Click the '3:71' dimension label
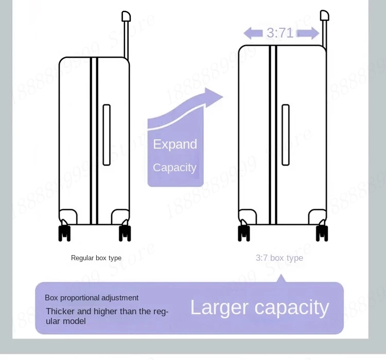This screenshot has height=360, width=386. coord(280,33)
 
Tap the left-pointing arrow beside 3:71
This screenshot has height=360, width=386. coord(253,34)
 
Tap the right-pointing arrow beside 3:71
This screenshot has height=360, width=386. coord(308,34)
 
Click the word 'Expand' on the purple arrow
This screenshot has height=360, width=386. coord(175,144)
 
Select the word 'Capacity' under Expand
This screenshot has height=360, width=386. coord(174,168)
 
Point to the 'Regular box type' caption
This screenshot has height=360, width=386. coord(96,258)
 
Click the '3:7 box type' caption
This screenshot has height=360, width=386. coord(279,258)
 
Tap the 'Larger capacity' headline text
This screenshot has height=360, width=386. coord(259,308)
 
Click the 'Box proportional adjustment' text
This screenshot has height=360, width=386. coord(92,298)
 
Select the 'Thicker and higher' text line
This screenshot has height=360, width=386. coord(107,312)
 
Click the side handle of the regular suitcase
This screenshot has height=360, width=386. coord(107,135)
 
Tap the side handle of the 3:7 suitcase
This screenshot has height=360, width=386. coord(286,135)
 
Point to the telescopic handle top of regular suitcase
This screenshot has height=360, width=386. coord(126,16)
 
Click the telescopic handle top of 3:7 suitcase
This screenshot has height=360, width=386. coord(324,15)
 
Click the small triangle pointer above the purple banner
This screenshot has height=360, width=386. coord(280,279)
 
